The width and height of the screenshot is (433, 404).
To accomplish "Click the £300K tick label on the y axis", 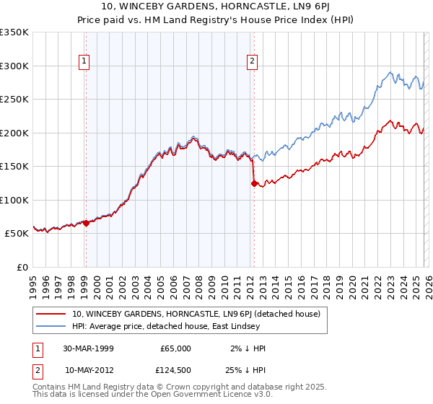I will (x=14, y=66).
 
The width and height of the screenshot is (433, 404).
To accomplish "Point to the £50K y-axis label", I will (x=17, y=234).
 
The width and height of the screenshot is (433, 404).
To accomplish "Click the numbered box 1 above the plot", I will (x=85, y=62).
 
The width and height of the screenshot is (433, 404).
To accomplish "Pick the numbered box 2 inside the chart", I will (x=253, y=62).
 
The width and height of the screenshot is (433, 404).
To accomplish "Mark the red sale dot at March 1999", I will (x=86, y=223).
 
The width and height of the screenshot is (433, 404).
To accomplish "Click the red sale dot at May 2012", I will (x=253, y=183).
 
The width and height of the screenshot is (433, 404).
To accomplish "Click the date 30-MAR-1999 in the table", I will (x=89, y=348).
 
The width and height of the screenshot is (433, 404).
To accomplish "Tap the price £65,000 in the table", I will (x=175, y=348).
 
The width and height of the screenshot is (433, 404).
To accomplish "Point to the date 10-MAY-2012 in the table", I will (x=89, y=370).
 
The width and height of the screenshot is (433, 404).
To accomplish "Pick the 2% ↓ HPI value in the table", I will (x=248, y=348).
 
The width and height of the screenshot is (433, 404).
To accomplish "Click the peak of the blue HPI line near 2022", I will (x=390, y=72).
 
